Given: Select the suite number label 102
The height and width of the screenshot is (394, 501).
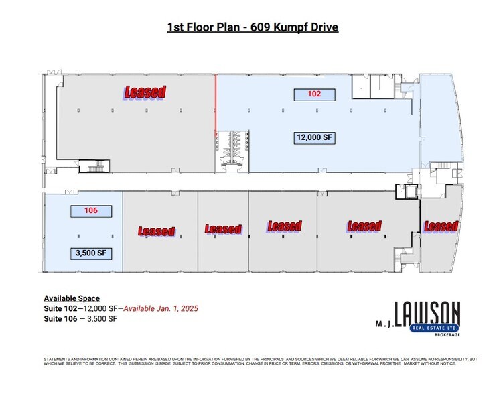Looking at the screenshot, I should [315, 94].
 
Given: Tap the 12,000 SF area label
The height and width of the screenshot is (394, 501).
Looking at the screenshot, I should [315, 137].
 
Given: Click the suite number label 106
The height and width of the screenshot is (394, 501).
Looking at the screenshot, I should [91, 210].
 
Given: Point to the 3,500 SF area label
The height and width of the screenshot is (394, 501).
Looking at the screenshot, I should [91, 253].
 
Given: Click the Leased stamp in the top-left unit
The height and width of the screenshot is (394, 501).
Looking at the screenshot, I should [143, 92].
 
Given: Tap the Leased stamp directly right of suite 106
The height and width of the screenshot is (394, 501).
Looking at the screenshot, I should [157, 231].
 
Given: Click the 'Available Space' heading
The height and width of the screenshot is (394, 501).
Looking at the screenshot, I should [72, 298].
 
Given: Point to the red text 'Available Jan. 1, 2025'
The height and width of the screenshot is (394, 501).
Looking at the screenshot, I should [160, 308].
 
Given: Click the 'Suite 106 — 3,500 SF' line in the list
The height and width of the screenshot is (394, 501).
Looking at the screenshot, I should [80, 318].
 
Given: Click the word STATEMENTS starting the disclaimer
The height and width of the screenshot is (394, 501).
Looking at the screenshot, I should [56, 360].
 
